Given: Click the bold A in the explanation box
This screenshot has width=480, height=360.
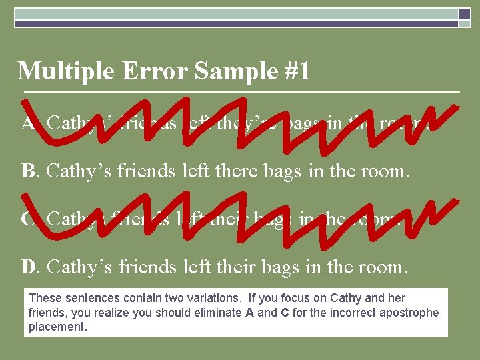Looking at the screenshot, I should click(247, 313).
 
